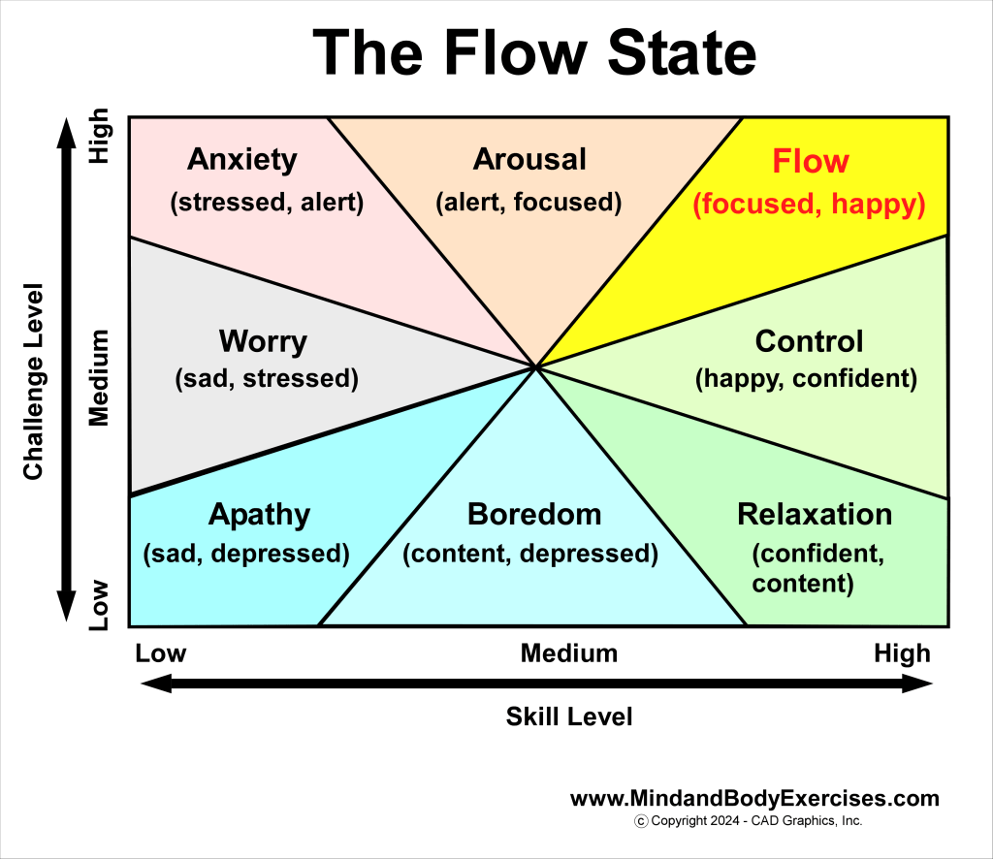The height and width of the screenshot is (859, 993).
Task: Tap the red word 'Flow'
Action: click(811, 161)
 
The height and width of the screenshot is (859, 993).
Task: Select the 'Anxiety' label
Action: click(242, 159)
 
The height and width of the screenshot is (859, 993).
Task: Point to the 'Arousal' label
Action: click(529, 159)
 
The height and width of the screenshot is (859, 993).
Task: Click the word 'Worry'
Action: click(263, 341)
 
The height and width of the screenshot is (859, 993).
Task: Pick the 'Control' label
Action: click(809, 341)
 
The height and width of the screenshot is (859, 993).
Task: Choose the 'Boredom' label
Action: click(534, 514)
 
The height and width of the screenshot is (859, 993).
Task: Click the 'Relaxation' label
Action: click(815, 514)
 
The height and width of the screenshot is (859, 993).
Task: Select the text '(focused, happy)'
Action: click(810, 205)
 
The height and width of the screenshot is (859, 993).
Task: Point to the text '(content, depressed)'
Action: click(530, 554)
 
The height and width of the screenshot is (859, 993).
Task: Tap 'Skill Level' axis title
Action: click(569, 716)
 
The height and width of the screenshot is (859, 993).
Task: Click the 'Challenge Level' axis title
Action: click(34, 381)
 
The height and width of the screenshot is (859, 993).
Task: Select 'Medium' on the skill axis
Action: click(569, 653)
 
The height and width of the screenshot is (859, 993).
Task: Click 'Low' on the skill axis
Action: click(161, 653)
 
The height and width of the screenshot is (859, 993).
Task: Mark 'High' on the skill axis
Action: click(902, 653)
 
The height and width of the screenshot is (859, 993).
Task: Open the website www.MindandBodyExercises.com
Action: click(754, 799)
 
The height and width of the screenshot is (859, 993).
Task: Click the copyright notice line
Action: click(747, 821)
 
